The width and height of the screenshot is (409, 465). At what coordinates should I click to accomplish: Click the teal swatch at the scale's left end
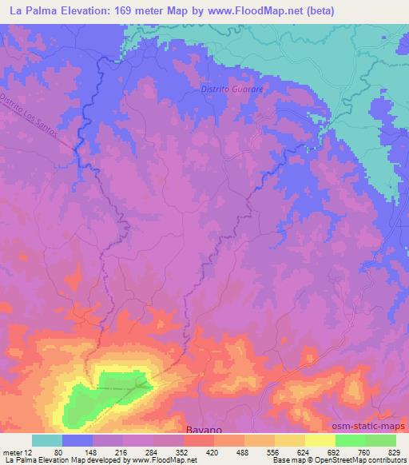point(47,439)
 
